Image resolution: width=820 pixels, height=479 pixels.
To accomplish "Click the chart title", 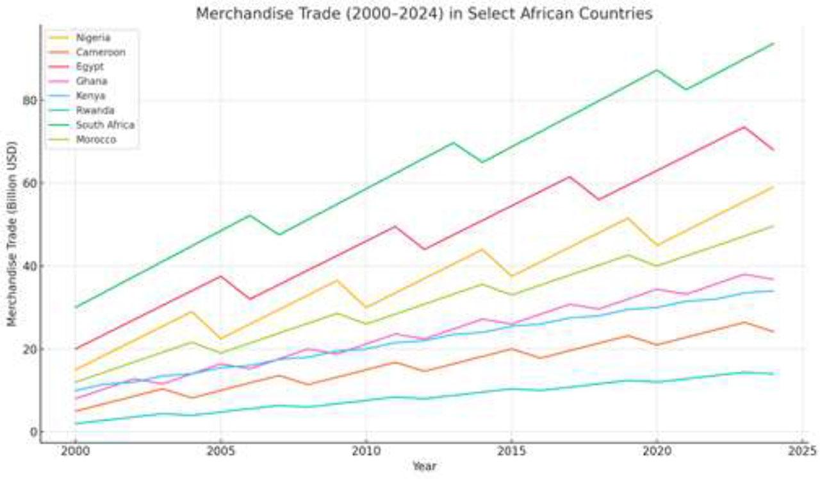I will point(424,13).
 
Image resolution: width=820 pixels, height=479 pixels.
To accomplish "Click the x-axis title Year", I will point(424,467).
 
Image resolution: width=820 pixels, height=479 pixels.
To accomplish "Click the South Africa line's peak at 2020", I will point(656,70).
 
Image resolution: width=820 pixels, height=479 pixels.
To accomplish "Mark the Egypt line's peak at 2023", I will point(744,127).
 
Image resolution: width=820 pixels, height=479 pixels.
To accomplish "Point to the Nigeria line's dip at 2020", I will point(656,245).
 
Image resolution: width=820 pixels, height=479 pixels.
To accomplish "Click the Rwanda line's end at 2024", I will point(773,374).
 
